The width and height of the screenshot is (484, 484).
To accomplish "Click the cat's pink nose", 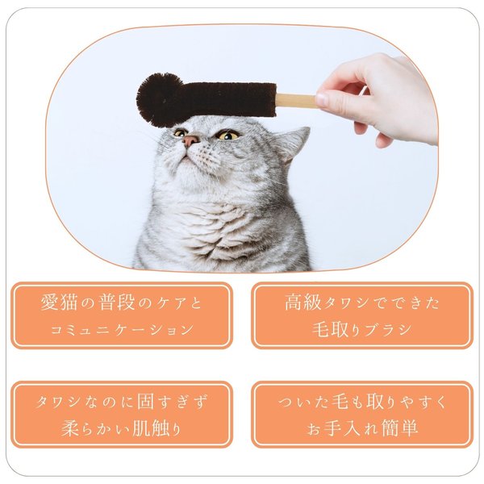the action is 190,140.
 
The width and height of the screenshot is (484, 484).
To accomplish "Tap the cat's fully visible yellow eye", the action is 227,136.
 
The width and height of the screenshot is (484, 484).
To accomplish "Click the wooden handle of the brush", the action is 296,100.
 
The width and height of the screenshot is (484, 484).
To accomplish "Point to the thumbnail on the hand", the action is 322,99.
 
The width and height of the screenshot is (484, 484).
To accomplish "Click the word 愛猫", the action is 59,302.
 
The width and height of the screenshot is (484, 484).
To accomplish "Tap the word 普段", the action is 117,302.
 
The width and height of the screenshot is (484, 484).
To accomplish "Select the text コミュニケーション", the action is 121,330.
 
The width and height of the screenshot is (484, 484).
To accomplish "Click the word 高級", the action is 303,302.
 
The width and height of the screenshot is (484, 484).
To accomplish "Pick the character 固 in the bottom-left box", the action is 145,401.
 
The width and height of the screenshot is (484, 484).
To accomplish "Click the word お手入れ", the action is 343,428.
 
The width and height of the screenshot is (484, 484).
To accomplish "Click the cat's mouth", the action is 186,156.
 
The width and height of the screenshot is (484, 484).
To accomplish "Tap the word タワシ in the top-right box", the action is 347,302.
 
